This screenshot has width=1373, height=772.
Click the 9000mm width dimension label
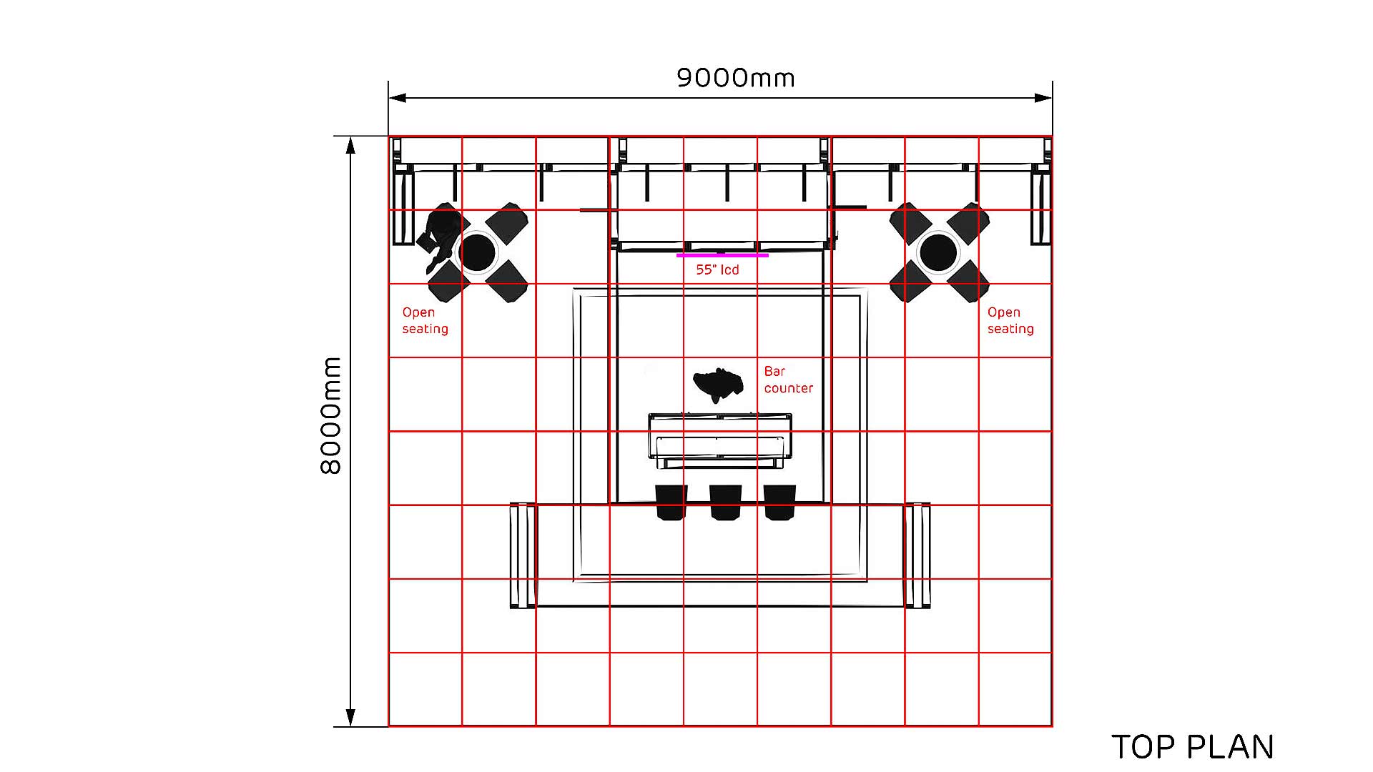click(x=736, y=78)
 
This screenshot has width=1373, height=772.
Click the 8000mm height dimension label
click(x=331, y=415)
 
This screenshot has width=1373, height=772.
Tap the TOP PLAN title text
click(x=1193, y=747)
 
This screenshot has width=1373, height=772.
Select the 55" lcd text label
click(x=717, y=269)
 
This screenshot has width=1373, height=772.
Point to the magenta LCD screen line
click(x=722, y=255)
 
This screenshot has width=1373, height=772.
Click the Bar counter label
click(x=789, y=380)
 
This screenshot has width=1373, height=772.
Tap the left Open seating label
click(x=425, y=320)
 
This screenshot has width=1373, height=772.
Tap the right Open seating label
click(x=1010, y=320)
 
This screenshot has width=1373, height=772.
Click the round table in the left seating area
click(x=477, y=252)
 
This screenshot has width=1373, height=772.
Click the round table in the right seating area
click(x=938, y=252)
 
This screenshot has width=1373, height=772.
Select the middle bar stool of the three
click(x=725, y=503)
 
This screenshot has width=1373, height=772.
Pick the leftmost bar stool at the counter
click(x=671, y=503)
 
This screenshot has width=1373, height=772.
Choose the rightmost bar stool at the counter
click(x=779, y=503)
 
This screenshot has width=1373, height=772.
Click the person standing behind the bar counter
click(x=717, y=385)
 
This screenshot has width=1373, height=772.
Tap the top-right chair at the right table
click(x=967, y=222)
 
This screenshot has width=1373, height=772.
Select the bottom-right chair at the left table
click(x=506, y=281)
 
